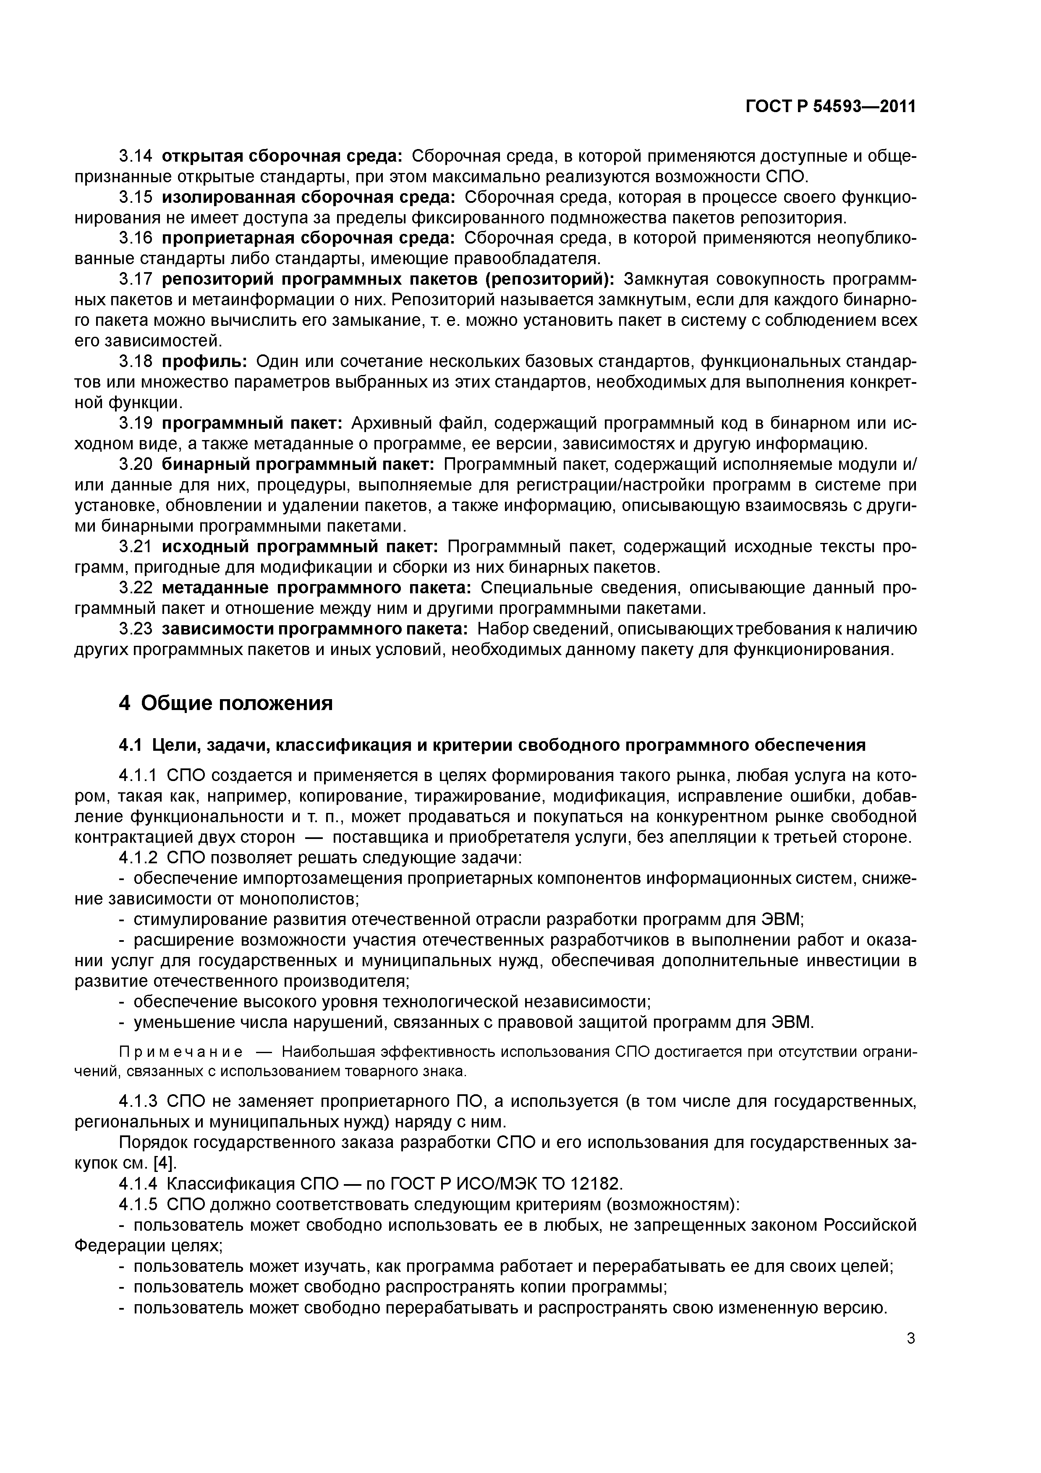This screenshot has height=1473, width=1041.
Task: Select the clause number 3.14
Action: (136, 156)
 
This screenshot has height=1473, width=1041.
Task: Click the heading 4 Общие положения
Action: (226, 703)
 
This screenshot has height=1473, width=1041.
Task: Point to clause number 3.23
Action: (136, 629)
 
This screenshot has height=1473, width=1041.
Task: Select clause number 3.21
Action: (136, 547)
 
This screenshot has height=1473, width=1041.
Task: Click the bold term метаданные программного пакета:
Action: (316, 588)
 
